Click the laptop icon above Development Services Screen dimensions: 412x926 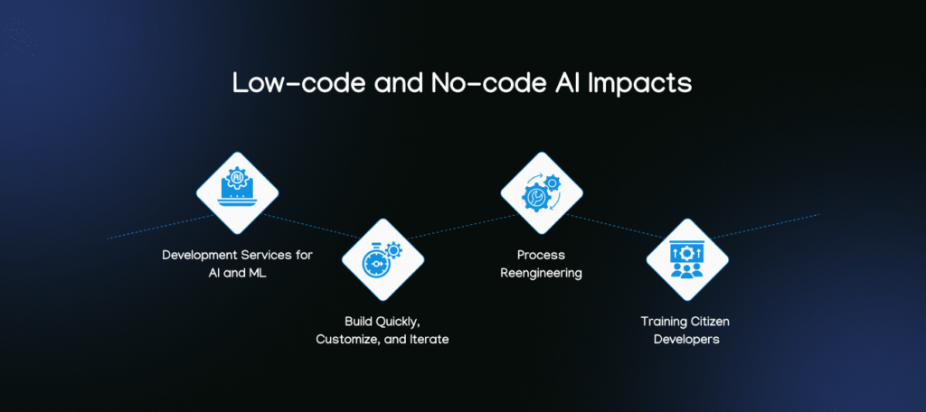tap(237, 191)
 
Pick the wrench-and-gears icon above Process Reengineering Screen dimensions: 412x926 tap(542, 191)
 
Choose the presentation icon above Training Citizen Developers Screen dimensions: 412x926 tap(687, 259)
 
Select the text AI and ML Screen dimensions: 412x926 tap(237, 273)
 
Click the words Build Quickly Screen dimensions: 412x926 tap(383, 322)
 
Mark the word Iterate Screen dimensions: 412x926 tap(427, 339)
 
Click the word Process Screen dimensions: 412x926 tap(542, 256)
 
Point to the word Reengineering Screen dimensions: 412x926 tap(542, 273)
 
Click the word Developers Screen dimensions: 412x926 tap(687, 339)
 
